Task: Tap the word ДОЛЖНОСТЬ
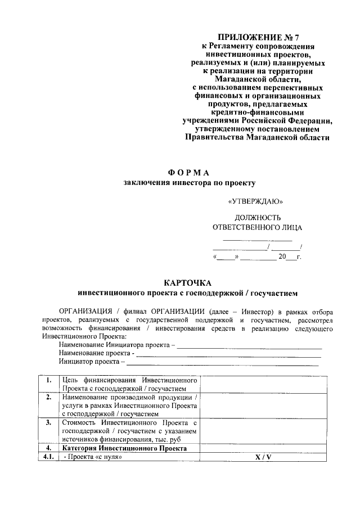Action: click(257, 218)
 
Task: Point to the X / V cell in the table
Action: click(263, 457)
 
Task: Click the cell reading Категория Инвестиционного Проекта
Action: click(125, 448)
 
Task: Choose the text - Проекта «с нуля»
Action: click(93, 457)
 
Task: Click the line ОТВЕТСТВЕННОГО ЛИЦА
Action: click(257, 228)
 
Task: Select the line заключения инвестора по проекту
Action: click(190, 183)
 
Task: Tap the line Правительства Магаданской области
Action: click(257, 137)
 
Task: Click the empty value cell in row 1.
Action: click(263, 384)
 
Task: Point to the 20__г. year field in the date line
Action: click(290, 257)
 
